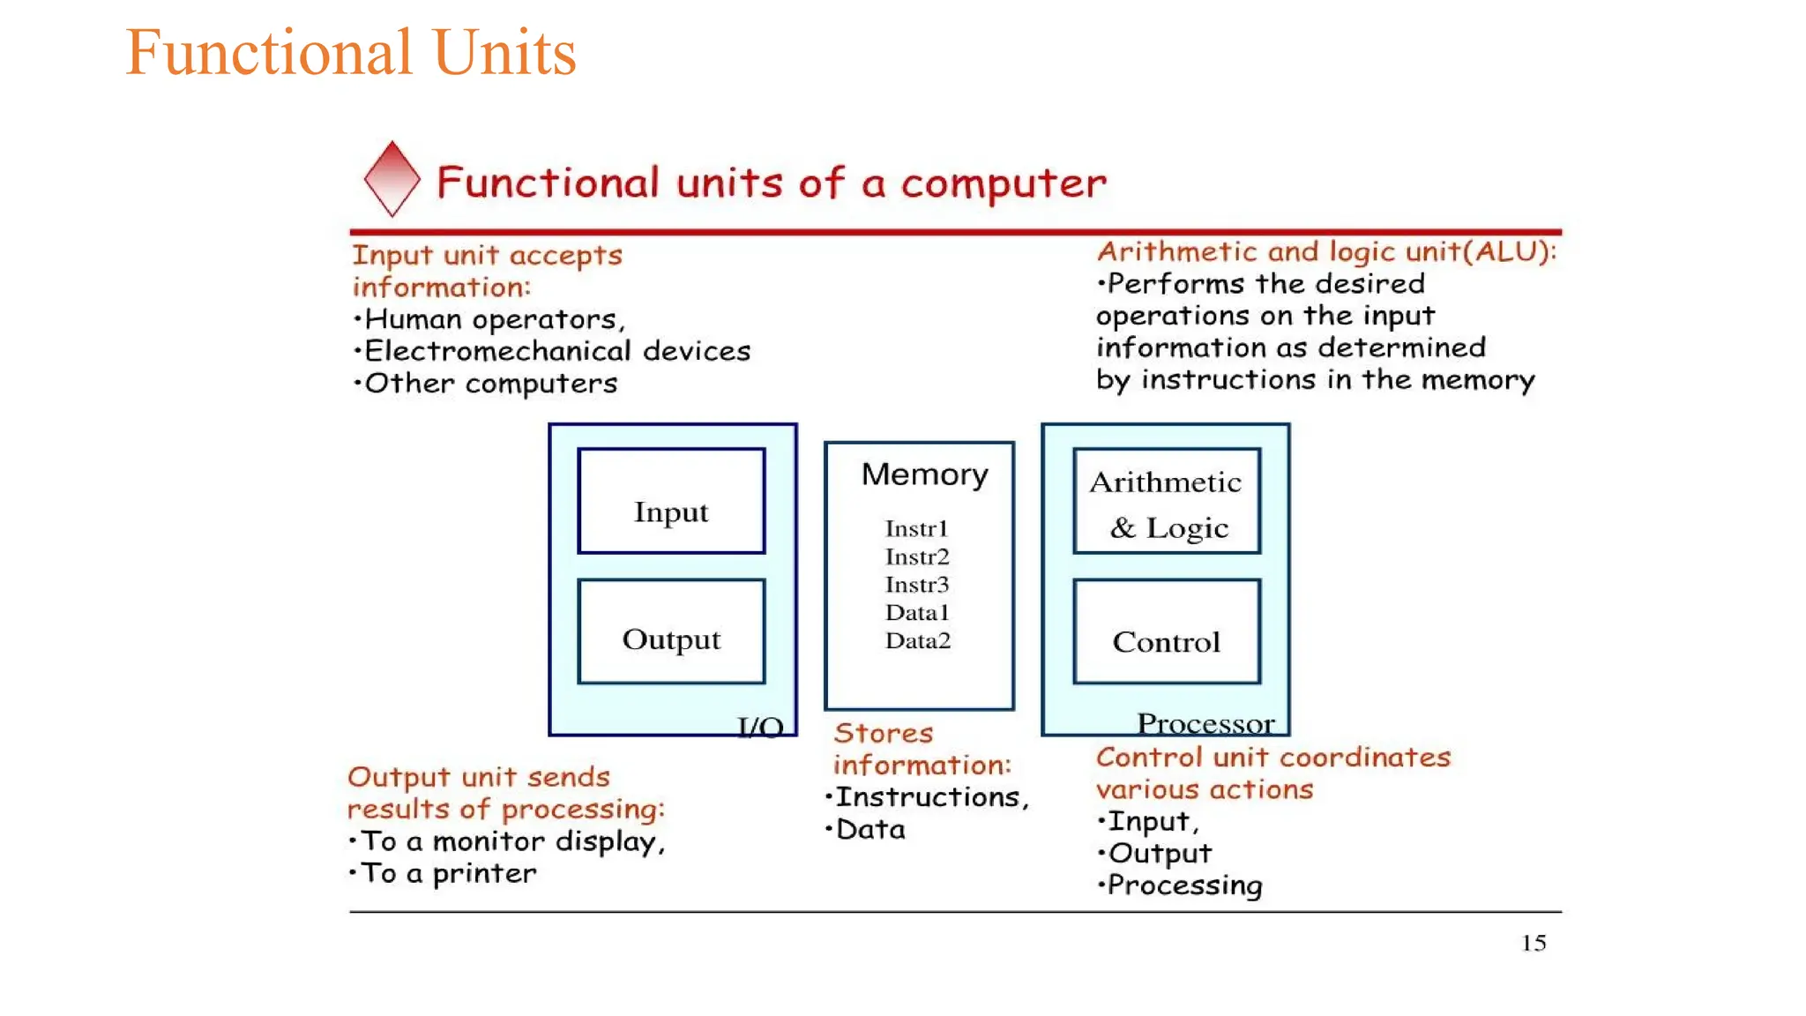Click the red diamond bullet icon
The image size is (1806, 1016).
tap(392, 179)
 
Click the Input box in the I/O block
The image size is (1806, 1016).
tap(671, 502)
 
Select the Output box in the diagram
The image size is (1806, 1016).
tap(671, 632)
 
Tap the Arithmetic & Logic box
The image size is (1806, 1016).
tap(1166, 502)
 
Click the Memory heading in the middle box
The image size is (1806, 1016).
tap(924, 474)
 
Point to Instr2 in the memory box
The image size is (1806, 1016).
tap(917, 557)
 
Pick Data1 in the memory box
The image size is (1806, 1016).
tap(917, 612)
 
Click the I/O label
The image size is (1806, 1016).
tap(760, 727)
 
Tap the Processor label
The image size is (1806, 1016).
tap(1205, 724)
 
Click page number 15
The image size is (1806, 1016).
tap(1534, 943)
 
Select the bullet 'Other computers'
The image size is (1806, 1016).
tap(490, 384)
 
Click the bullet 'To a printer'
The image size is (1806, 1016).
tap(448, 873)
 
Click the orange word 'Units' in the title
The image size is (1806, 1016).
tap(504, 53)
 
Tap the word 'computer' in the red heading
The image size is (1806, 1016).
tap(1003, 183)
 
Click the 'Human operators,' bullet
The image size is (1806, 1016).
tap(494, 319)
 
